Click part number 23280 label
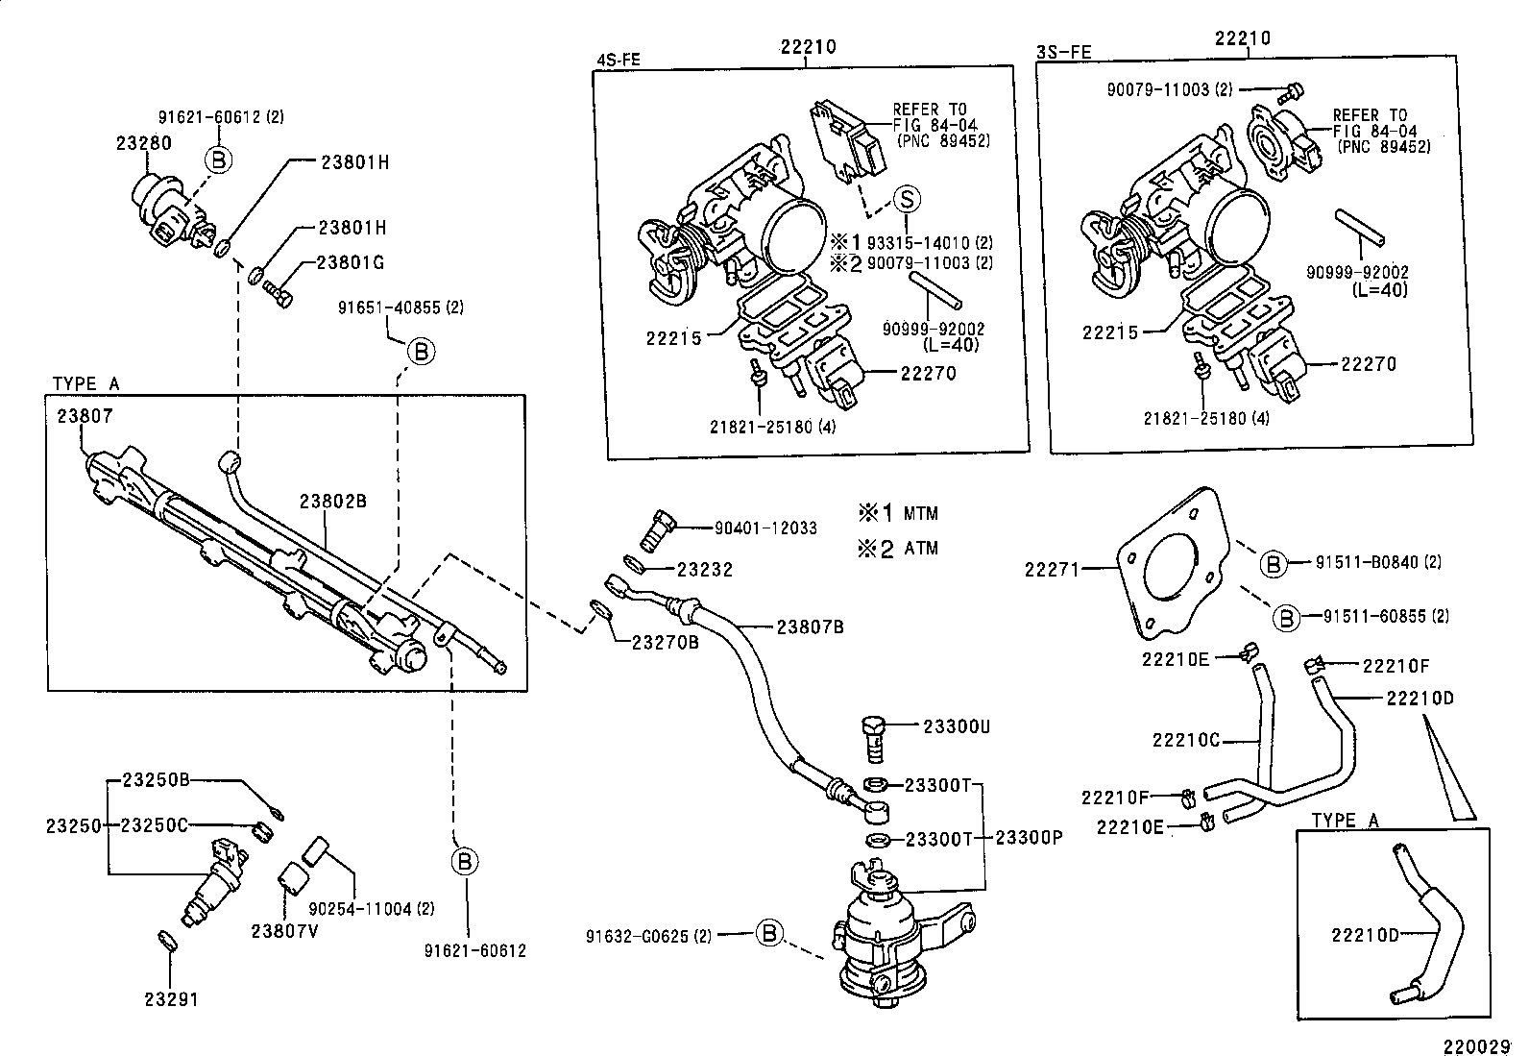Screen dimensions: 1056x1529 click(x=143, y=142)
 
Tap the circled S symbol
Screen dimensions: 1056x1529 click(x=907, y=199)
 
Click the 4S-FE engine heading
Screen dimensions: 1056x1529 click(x=618, y=58)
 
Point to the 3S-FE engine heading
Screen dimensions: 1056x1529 click(x=1063, y=52)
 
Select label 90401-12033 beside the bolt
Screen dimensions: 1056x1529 click(x=765, y=528)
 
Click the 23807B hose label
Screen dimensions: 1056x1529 click(x=810, y=626)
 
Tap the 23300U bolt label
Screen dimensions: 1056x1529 click(x=956, y=726)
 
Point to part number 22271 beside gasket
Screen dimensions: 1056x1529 click(x=1053, y=569)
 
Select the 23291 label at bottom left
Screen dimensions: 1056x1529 click(x=171, y=998)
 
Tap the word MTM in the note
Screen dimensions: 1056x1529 click(x=920, y=513)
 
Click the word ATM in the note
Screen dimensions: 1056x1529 click(x=920, y=548)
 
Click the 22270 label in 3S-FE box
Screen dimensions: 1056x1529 click(x=1369, y=364)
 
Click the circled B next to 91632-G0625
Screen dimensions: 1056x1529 click(x=769, y=933)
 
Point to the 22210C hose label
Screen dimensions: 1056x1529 click(x=1186, y=740)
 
